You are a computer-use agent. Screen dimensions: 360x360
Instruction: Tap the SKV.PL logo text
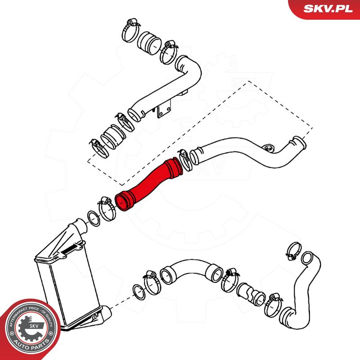click(328, 9)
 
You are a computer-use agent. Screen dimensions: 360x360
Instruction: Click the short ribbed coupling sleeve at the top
click(149, 43)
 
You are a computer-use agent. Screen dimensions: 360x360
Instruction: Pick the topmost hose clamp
click(130, 30)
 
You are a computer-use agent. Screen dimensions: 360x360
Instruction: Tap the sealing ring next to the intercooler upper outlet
click(94, 218)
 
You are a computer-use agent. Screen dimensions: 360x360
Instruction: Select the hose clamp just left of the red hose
click(108, 209)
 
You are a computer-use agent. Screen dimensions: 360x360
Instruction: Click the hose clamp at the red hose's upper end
click(185, 160)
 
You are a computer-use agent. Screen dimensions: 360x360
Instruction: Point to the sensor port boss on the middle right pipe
click(268, 148)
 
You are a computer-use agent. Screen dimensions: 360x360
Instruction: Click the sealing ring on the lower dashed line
click(139, 292)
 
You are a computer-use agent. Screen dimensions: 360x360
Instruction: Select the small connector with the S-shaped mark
click(251, 295)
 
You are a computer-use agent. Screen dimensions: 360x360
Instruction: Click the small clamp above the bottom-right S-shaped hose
click(294, 251)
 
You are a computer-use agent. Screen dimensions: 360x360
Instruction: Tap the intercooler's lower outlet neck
click(105, 312)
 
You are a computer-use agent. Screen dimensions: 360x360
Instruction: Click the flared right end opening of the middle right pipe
click(299, 142)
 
